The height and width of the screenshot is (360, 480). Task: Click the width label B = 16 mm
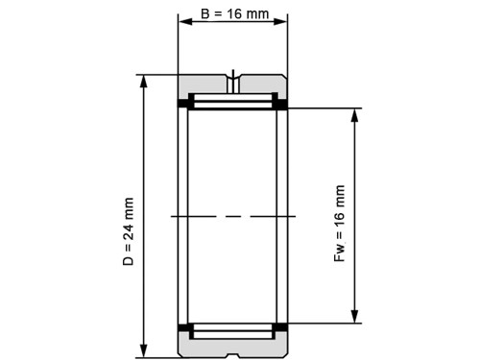[232, 16]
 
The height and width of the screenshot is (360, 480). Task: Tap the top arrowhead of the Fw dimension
[355, 114]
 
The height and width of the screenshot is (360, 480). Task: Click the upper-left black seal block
[183, 103]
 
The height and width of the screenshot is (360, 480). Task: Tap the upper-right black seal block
[282, 103]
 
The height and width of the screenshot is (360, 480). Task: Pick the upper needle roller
[232, 101]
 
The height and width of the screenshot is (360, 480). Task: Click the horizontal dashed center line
[232, 216]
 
